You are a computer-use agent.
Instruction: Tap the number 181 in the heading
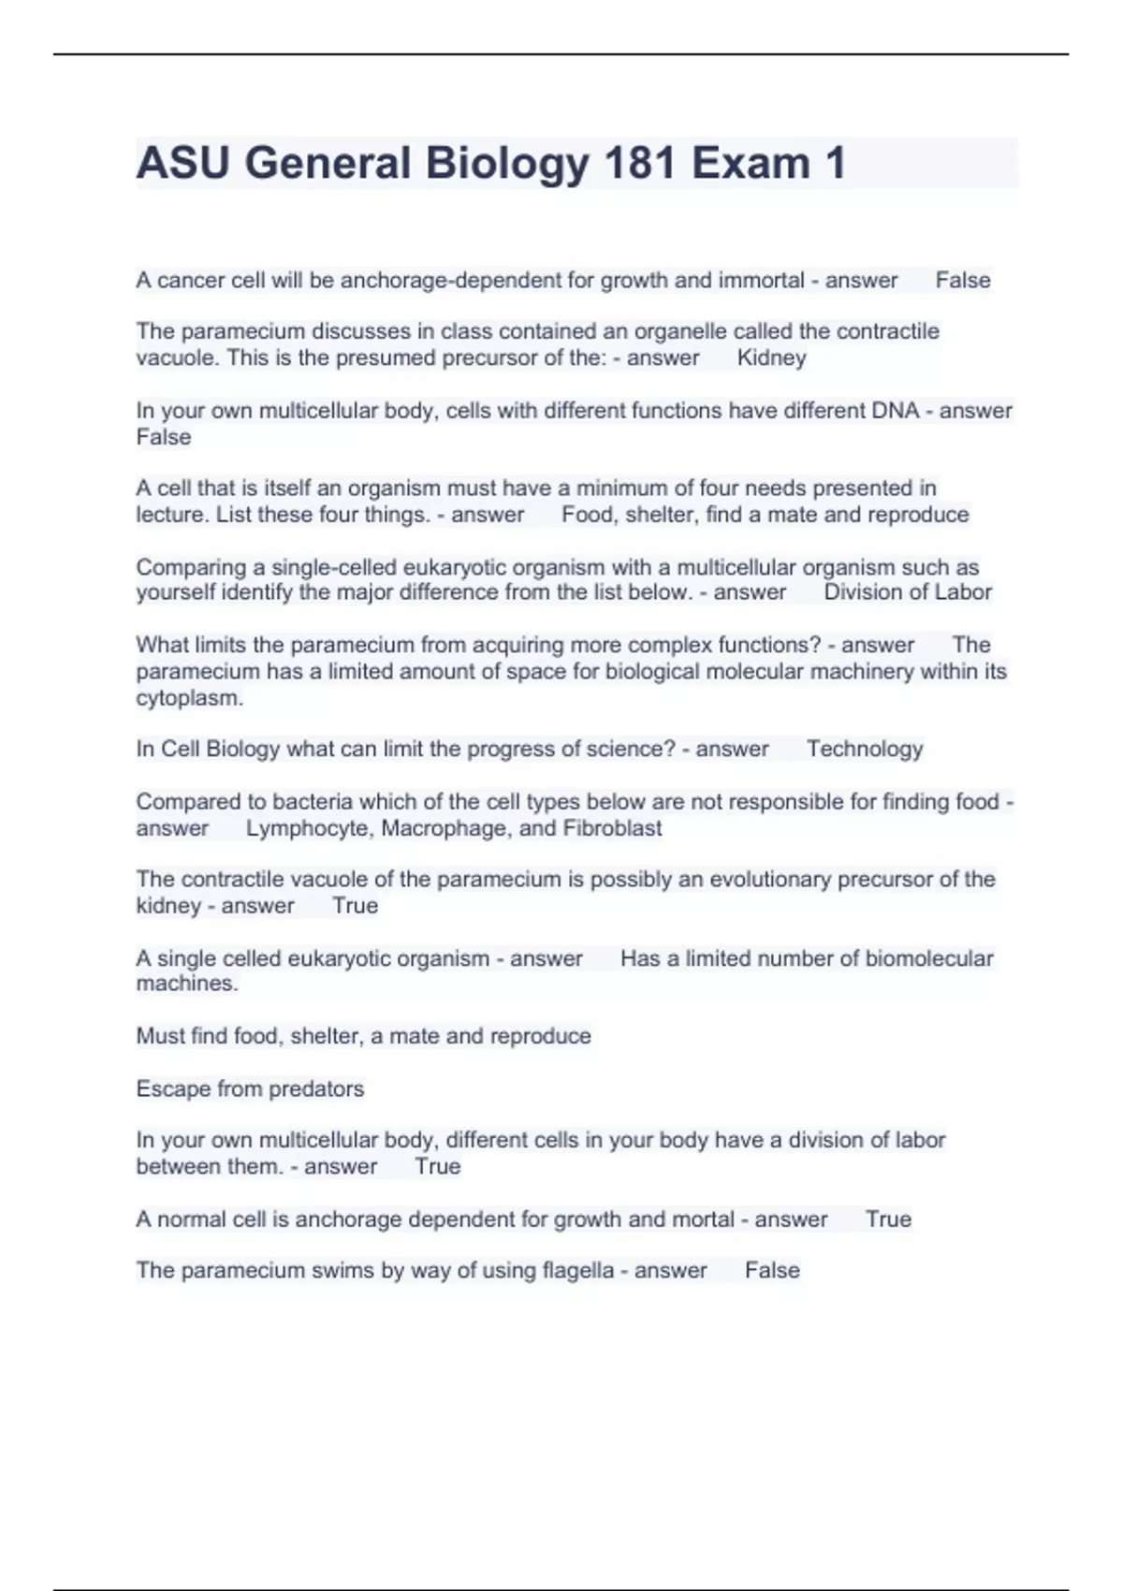coord(639,164)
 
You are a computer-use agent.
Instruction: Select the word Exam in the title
coord(751,164)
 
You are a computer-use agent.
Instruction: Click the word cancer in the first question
coord(191,281)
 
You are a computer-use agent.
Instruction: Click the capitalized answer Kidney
coord(771,358)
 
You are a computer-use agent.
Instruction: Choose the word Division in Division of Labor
coord(861,592)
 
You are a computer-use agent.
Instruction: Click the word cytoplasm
coord(189,698)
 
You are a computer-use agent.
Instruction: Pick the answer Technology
coord(865,749)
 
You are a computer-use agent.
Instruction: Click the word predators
coord(315,1089)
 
